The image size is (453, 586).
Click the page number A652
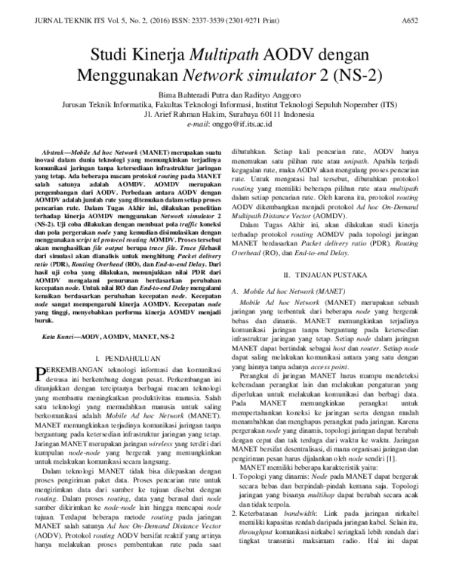coord(431,15)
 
